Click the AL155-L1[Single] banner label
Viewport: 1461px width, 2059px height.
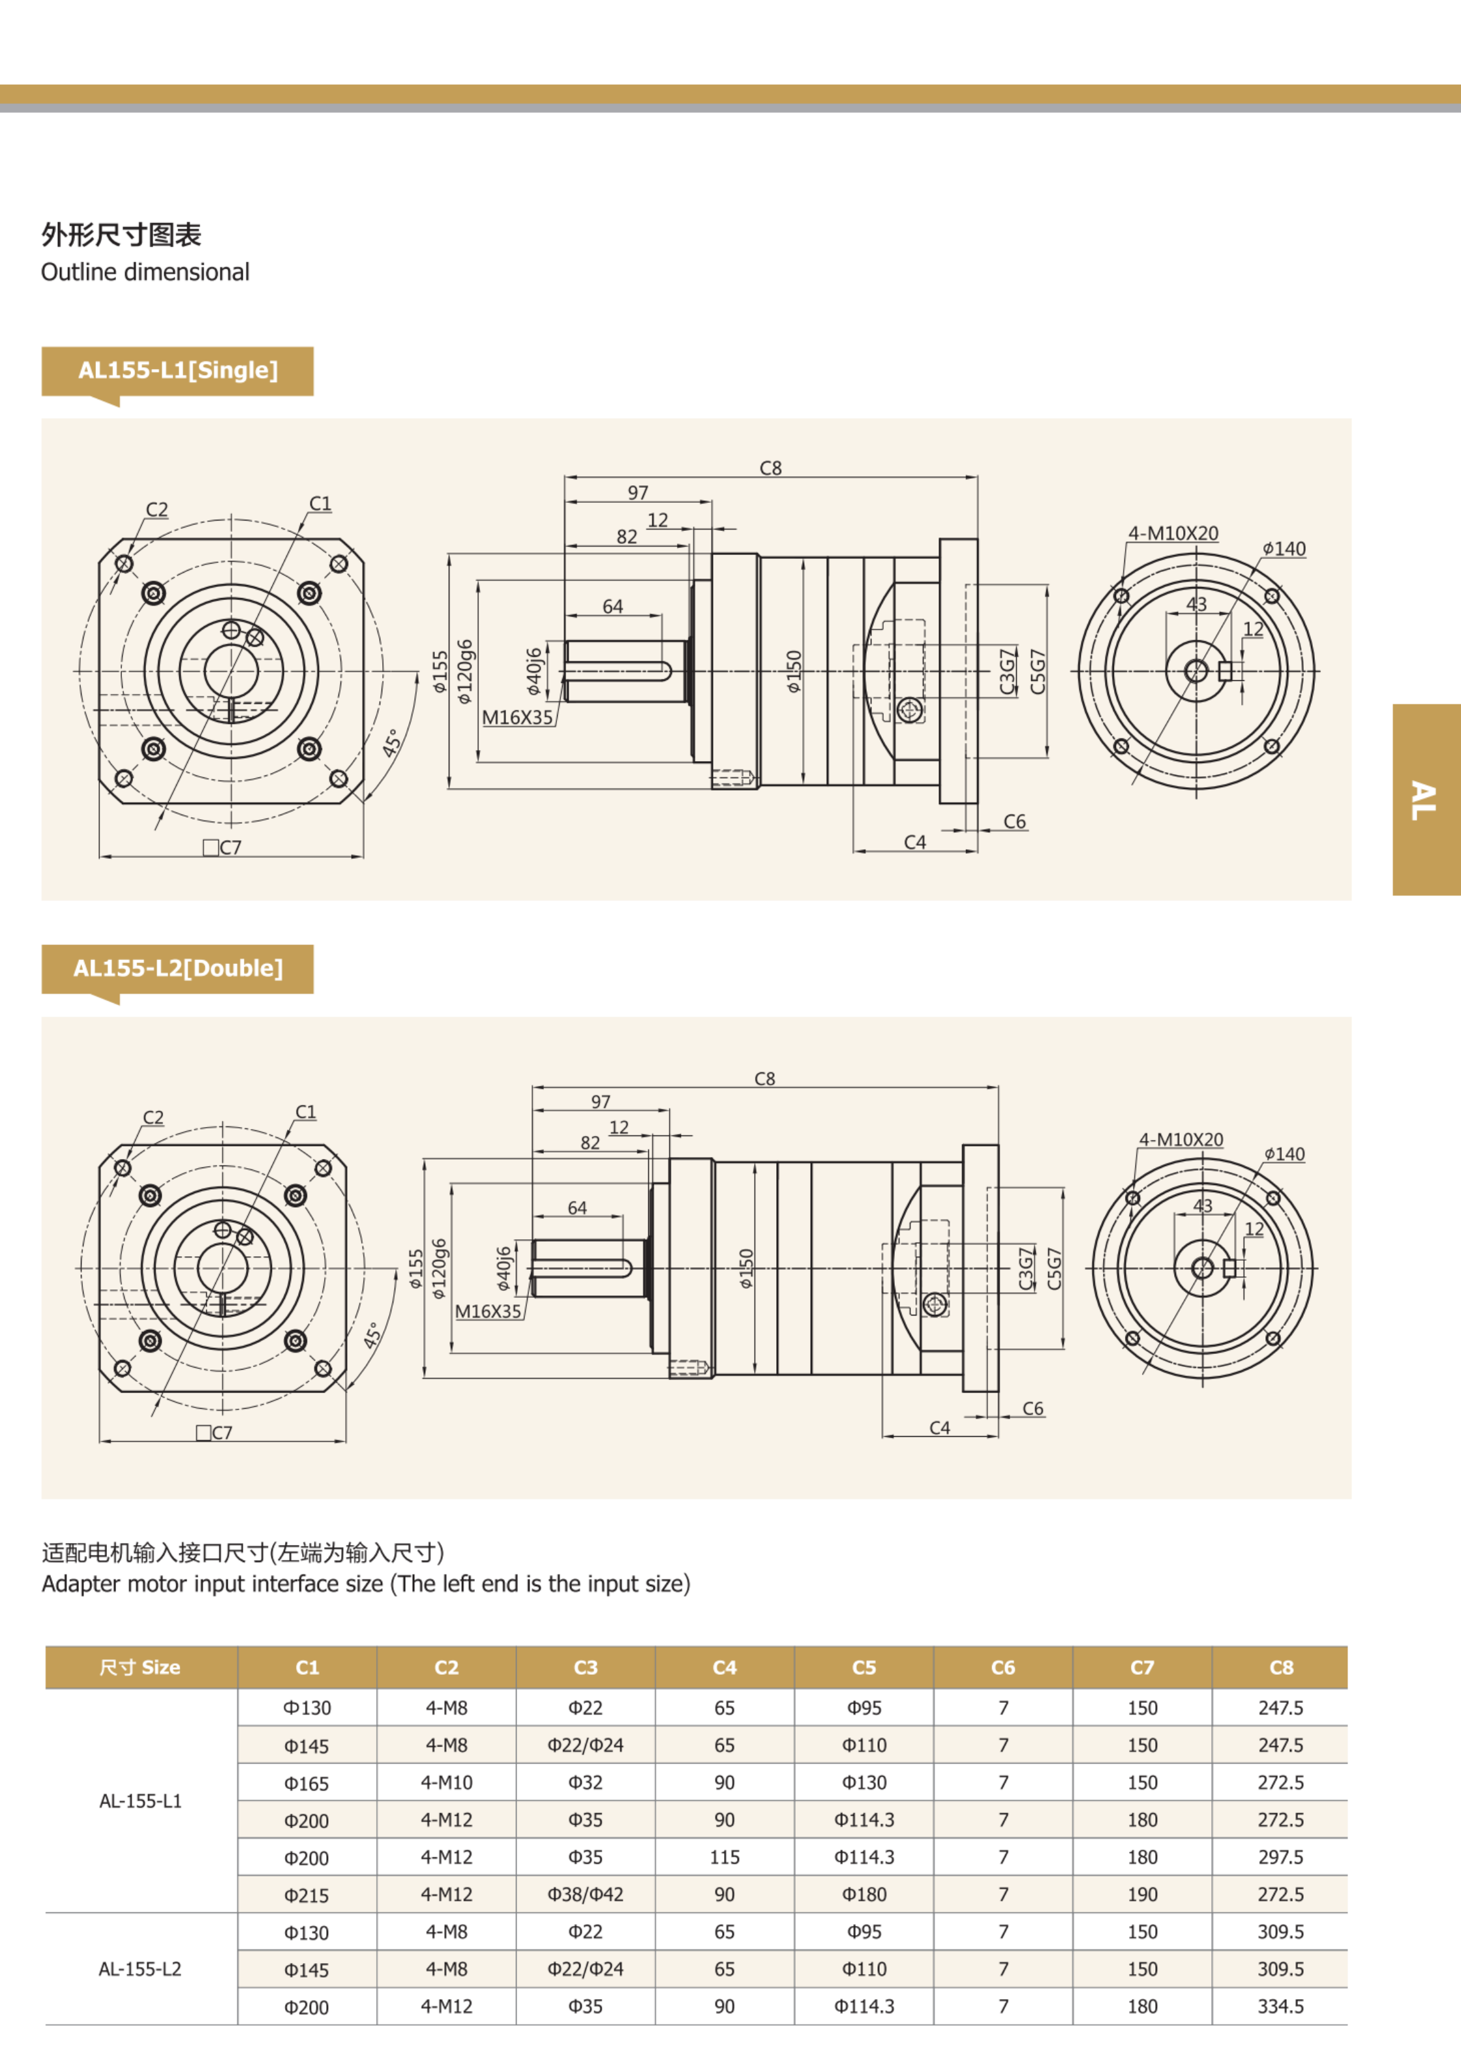pyautogui.click(x=178, y=370)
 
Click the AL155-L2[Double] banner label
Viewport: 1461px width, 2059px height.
pyautogui.click(x=178, y=969)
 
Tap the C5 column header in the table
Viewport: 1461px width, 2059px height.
pyautogui.click(x=864, y=1668)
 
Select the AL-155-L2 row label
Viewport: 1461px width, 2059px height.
pyautogui.click(x=140, y=1969)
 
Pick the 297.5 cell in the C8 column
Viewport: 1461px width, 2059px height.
pyautogui.click(x=1280, y=1857)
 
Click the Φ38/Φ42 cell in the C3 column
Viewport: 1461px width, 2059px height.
pyautogui.click(x=586, y=1895)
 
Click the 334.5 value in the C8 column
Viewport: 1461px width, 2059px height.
pyautogui.click(x=1280, y=2007)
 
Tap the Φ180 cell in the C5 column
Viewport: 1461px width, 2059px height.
pyautogui.click(x=864, y=1895)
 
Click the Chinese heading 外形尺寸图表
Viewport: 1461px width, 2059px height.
pyautogui.click(x=121, y=235)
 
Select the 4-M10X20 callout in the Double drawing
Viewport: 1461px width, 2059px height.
pyautogui.click(x=1181, y=1139)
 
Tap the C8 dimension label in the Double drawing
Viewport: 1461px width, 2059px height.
pyautogui.click(x=764, y=1079)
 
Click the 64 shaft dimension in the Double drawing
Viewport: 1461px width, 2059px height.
pyautogui.click(x=578, y=1208)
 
